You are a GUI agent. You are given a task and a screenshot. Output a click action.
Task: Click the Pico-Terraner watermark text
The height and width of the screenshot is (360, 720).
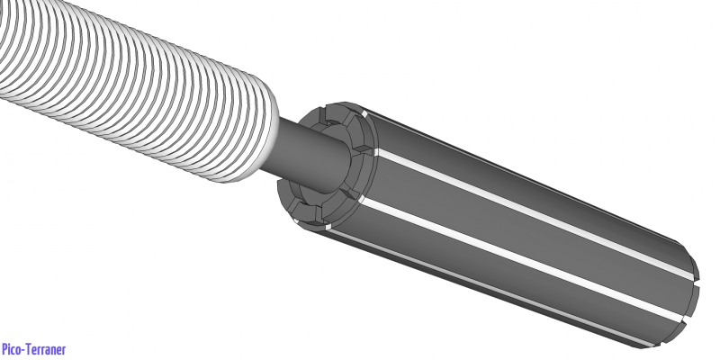tap(33, 349)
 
